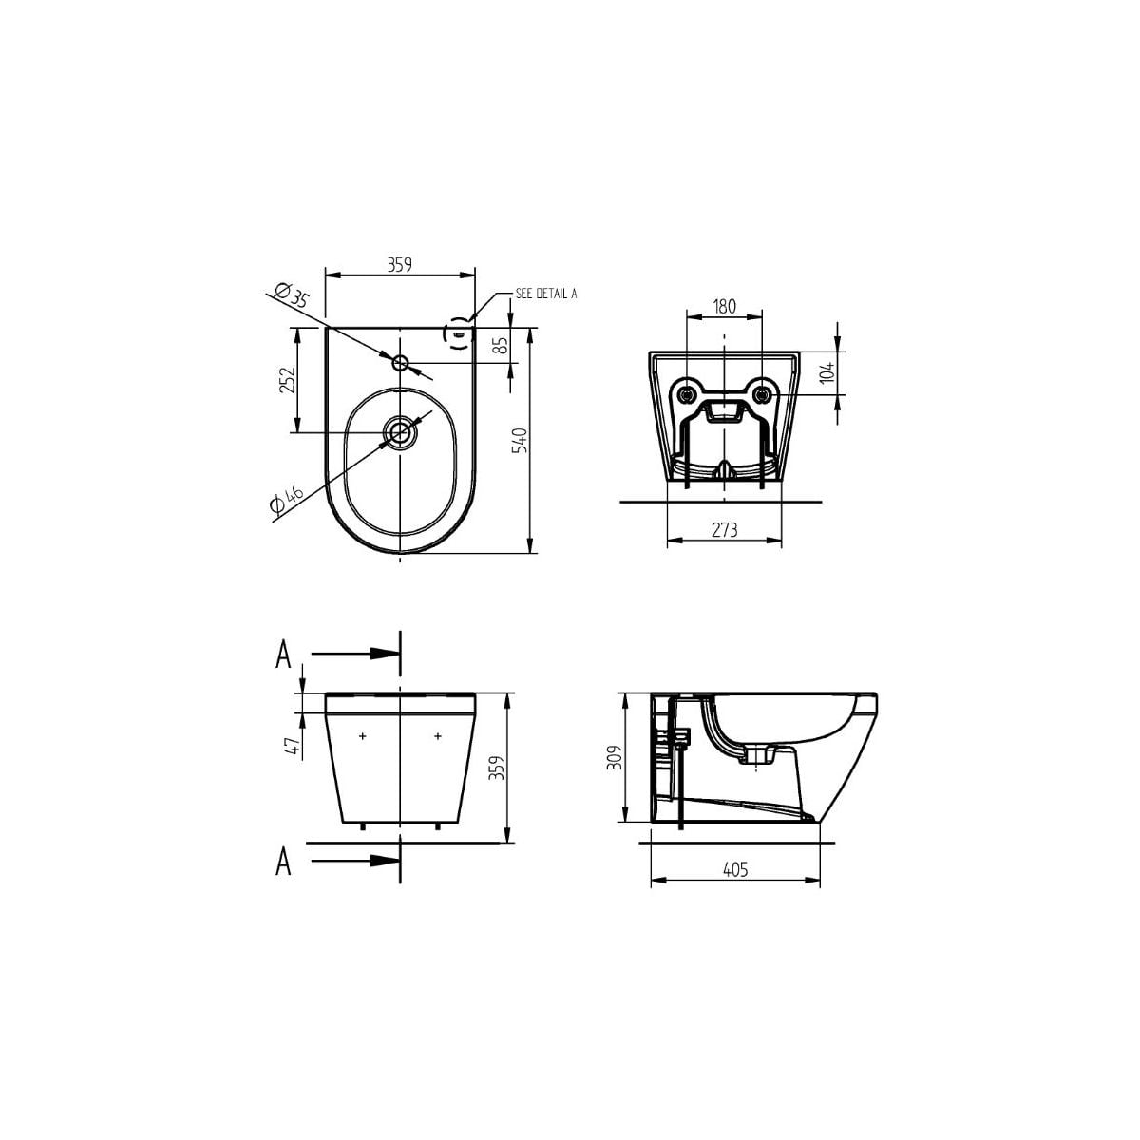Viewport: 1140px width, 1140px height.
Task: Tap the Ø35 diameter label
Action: (292, 294)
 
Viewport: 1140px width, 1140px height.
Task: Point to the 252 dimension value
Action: (287, 380)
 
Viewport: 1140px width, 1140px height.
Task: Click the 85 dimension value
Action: (501, 346)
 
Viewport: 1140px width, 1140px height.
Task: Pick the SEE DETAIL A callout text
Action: (546, 293)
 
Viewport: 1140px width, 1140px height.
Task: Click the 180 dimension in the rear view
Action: (724, 307)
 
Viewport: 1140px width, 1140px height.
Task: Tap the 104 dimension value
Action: (828, 371)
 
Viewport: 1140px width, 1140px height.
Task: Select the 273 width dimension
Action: (724, 529)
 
